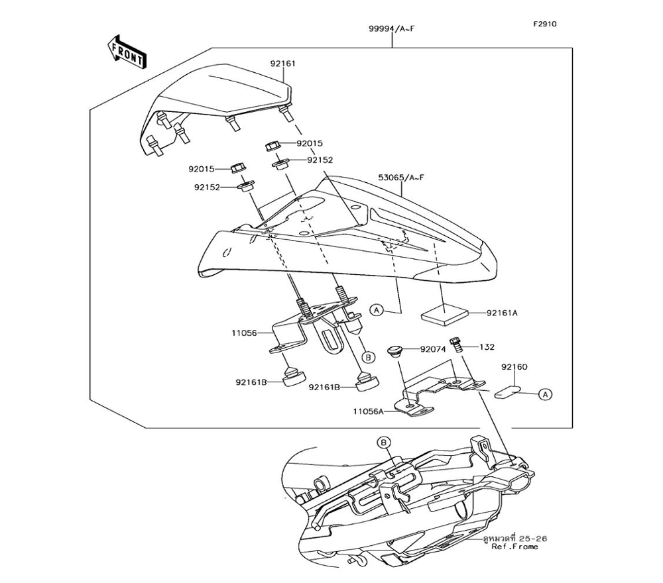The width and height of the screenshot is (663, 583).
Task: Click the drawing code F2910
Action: tap(545, 24)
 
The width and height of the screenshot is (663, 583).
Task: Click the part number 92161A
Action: tap(502, 312)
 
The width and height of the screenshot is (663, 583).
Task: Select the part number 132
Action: tap(487, 346)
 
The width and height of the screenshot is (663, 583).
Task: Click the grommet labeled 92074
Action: tap(396, 351)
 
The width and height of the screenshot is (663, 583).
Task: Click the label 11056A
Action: tap(369, 411)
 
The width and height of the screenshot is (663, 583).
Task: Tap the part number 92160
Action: tap(514, 366)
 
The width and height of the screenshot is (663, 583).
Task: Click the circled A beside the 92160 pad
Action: tap(544, 394)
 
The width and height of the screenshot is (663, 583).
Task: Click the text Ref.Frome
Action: tap(515, 547)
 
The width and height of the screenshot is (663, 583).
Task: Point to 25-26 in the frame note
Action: tap(534, 539)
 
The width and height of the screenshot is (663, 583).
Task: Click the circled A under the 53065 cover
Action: tap(376, 309)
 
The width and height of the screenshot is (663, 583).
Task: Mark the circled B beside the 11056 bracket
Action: tap(369, 357)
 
